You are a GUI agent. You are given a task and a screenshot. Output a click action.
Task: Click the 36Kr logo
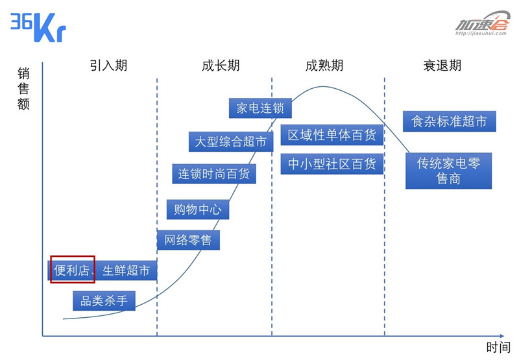(38, 27)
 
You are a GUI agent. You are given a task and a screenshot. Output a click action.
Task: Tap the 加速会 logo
(482, 23)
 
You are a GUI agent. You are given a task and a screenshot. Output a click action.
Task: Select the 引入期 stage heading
(108, 65)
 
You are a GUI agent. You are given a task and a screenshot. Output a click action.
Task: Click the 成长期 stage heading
(221, 65)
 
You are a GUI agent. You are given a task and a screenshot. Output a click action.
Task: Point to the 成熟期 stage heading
(324, 65)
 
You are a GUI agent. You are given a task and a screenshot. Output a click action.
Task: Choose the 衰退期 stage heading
(442, 65)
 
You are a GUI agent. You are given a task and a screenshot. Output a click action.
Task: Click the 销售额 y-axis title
(23, 88)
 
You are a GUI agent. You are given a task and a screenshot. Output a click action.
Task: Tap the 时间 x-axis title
(498, 348)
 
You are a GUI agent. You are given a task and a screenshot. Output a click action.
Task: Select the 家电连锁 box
(260, 108)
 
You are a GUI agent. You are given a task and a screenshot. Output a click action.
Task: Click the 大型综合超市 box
(231, 141)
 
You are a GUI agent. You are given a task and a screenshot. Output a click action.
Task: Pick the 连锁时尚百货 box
(214, 174)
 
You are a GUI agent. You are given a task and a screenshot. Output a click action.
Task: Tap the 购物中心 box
(198, 209)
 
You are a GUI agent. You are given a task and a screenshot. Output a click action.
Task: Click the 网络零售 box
(188, 240)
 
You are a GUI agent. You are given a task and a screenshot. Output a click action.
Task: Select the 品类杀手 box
(104, 301)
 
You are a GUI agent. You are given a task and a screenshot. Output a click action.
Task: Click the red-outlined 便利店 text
(71, 270)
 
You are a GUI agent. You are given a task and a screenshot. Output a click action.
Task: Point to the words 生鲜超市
(126, 270)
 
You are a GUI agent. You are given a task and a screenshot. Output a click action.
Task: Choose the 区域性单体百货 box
(332, 135)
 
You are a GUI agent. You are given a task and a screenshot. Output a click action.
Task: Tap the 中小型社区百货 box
(332, 164)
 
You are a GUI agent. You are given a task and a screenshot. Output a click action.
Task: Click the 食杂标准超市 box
(449, 121)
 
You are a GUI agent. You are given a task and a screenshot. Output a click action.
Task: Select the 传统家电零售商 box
(448, 171)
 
